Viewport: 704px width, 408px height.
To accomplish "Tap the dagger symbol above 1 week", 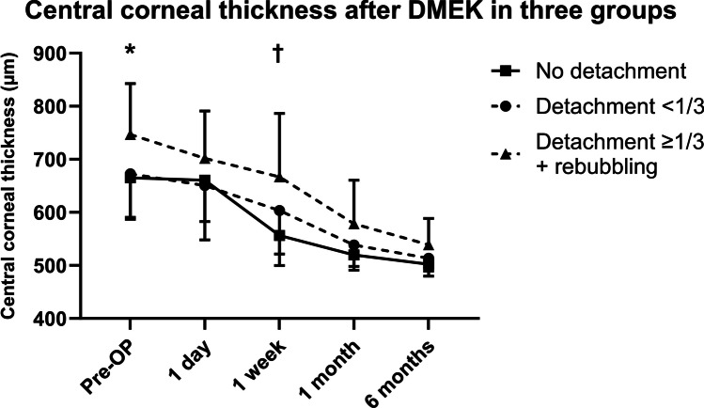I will (278, 53).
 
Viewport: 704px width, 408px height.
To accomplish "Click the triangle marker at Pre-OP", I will (131, 135).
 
